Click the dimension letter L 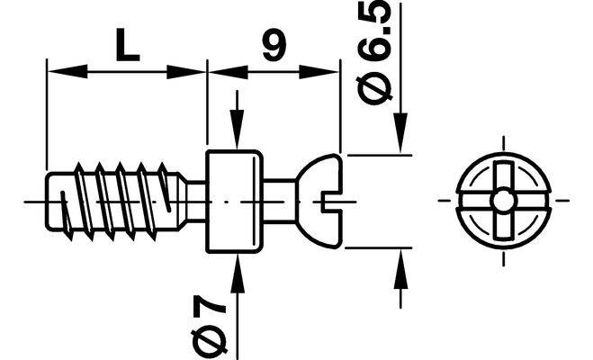tap(128, 46)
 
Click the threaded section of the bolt tap(117, 201)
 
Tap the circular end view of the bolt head tap(501, 200)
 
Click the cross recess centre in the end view tap(501, 200)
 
